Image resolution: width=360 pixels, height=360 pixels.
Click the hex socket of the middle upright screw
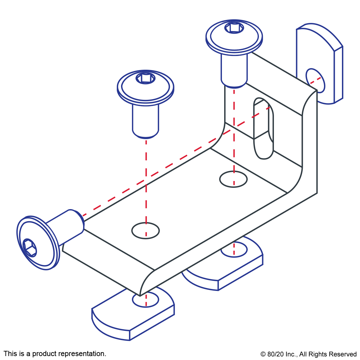click(x=146, y=78)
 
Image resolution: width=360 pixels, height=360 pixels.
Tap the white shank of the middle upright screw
click(x=146, y=119)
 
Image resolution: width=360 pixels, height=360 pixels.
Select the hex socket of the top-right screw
click(x=234, y=27)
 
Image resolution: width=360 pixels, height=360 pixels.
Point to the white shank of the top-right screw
click(x=234, y=69)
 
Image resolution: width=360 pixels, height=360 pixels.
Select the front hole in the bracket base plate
click(x=146, y=231)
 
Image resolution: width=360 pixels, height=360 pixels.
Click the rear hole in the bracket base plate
click(x=233, y=179)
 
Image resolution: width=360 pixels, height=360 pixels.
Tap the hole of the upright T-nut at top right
click(x=315, y=81)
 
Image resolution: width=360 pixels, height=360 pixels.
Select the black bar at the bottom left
click(x=55, y=354)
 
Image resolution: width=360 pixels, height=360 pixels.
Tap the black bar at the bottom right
click(x=308, y=355)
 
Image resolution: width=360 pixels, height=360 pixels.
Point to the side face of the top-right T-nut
click(x=338, y=75)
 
